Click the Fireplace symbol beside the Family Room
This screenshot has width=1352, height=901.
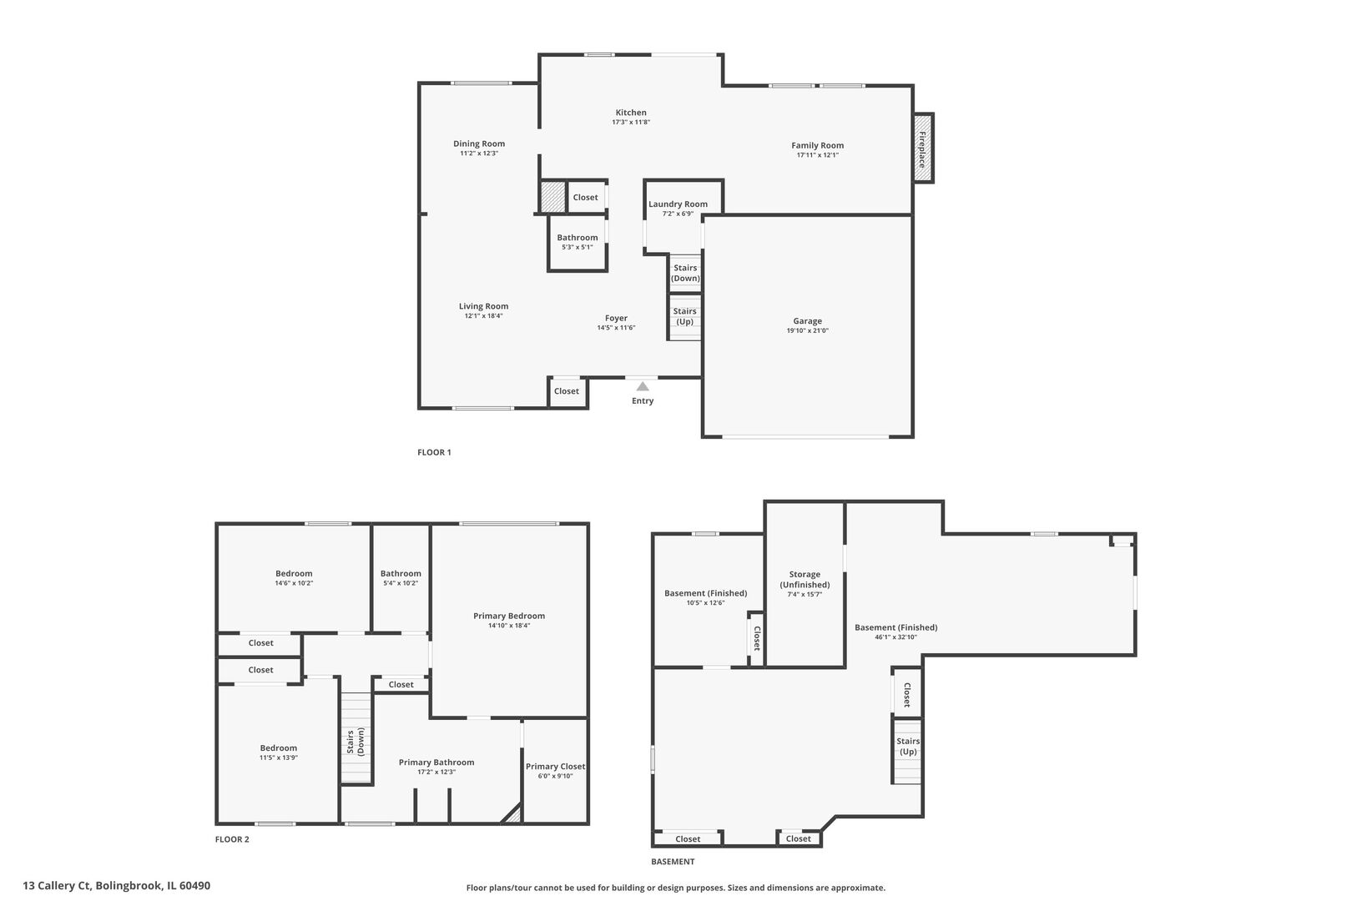click(922, 148)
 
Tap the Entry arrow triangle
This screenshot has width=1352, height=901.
click(642, 386)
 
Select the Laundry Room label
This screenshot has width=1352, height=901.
click(678, 204)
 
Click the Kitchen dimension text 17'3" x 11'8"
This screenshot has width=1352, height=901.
click(630, 123)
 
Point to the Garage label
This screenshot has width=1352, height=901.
click(807, 320)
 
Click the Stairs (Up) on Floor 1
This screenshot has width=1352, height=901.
click(685, 316)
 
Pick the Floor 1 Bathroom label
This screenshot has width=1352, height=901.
click(577, 238)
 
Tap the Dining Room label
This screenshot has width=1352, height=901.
click(479, 143)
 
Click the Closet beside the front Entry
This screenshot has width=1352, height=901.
click(567, 391)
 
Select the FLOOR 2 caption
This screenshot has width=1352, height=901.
click(232, 839)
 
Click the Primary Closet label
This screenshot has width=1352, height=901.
click(555, 766)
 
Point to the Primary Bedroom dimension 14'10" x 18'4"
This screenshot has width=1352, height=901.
click(509, 626)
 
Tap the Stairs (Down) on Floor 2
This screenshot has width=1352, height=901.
click(356, 742)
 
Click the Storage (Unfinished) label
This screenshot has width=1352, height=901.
click(805, 579)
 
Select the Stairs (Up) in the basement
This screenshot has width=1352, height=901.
click(908, 746)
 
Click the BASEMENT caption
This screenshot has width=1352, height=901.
click(673, 862)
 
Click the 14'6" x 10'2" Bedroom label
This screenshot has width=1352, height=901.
click(294, 573)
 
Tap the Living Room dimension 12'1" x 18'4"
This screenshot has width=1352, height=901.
click(483, 316)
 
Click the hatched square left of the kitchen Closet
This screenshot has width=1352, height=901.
click(552, 197)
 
